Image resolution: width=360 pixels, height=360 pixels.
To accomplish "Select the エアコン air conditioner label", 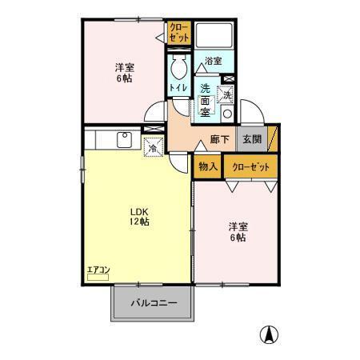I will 98,270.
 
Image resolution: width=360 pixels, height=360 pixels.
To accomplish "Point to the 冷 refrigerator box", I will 152,146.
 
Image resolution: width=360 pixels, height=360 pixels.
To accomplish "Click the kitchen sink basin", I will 125,139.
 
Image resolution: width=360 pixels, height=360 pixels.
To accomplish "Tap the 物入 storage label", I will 207,166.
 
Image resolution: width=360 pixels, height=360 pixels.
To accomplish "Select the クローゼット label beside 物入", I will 250,166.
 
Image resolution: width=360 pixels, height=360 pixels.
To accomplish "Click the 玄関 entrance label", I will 251,138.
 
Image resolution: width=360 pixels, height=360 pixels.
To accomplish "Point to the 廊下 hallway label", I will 220,138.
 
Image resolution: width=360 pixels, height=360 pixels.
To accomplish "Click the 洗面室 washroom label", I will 206,100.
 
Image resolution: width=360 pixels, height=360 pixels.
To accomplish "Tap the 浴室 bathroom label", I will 213,61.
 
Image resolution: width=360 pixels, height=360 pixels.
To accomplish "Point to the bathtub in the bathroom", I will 213,35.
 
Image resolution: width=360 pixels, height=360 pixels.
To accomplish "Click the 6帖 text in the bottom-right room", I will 237,238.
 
